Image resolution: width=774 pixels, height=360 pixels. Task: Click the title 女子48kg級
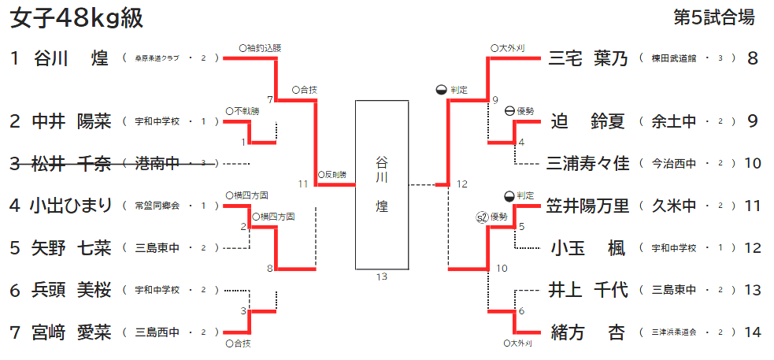(76, 18)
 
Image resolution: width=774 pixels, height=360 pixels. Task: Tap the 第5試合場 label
(714, 17)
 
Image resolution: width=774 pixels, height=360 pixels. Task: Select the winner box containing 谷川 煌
(382, 185)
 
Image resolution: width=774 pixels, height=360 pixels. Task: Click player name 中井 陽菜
(71, 121)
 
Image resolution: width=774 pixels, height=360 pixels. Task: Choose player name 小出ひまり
(71, 206)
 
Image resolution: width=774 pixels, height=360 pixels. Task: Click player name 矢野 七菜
(71, 249)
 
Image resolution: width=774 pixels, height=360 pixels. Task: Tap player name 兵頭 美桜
(71, 291)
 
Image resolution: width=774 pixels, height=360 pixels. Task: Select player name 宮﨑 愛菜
(71, 332)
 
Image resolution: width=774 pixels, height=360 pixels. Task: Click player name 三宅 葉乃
(588, 58)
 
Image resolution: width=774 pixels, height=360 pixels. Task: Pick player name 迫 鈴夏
(588, 121)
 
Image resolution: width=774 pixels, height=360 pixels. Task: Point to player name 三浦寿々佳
(588, 164)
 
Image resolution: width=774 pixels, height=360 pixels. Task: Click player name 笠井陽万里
(588, 206)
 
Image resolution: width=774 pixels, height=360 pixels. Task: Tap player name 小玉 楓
(588, 249)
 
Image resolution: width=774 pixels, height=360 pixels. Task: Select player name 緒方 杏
(588, 332)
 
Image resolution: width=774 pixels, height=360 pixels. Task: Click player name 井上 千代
(588, 291)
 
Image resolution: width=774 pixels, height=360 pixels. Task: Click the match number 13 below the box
(382, 276)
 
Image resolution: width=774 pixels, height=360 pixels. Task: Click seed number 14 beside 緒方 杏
(753, 332)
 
